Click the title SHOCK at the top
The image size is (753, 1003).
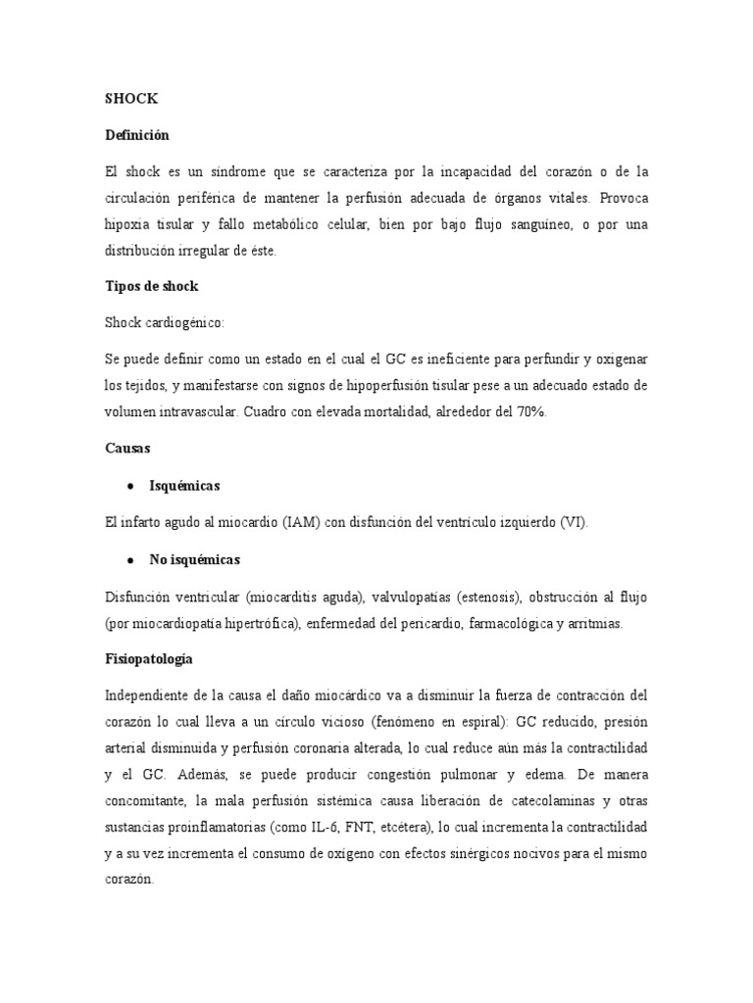(x=130, y=99)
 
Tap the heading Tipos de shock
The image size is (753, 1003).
(x=151, y=286)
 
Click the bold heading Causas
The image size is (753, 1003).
(x=126, y=449)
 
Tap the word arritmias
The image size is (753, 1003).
(x=591, y=623)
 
